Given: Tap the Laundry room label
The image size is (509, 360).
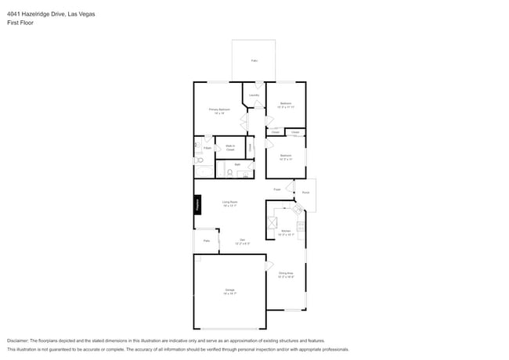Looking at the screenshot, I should (x=254, y=95).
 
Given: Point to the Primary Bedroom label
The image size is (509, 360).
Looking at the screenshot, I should (x=218, y=110).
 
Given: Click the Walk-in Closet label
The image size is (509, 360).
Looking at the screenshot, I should (x=231, y=146).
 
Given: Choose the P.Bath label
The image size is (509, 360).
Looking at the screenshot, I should (x=207, y=147).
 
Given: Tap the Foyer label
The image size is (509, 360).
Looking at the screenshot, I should (x=277, y=189).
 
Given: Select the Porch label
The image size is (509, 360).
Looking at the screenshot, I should (x=305, y=192).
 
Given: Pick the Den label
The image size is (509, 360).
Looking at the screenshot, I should (x=243, y=240).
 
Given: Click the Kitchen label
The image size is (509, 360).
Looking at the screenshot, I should (x=286, y=231).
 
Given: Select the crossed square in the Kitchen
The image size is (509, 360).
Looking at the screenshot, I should (x=274, y=221).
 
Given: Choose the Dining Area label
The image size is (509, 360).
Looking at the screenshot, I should (x=286, y=274).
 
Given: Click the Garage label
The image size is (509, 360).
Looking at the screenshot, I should (x=229, y=291).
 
